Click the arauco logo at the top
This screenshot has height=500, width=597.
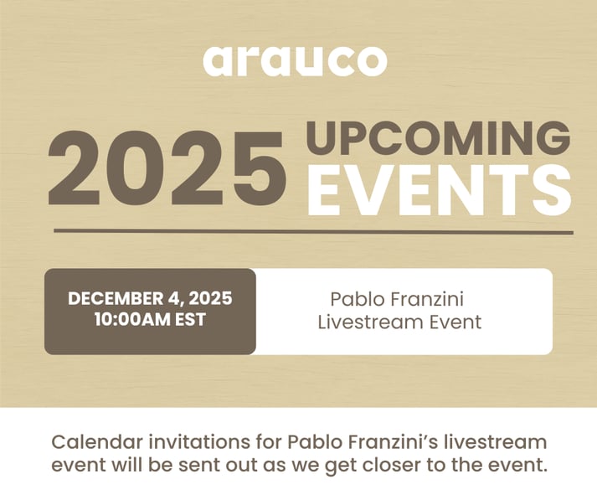pyautogui.click(x=295, y=60)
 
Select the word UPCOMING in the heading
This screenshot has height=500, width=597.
pyautogui.click(x=439, y=138)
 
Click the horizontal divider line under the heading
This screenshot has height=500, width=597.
pyautogui.click(x=313, y=231)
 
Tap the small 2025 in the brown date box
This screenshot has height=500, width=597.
pyautogui.click(x=210, y=299)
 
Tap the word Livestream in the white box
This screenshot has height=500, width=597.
pyautogui.click(x=369, y=322)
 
